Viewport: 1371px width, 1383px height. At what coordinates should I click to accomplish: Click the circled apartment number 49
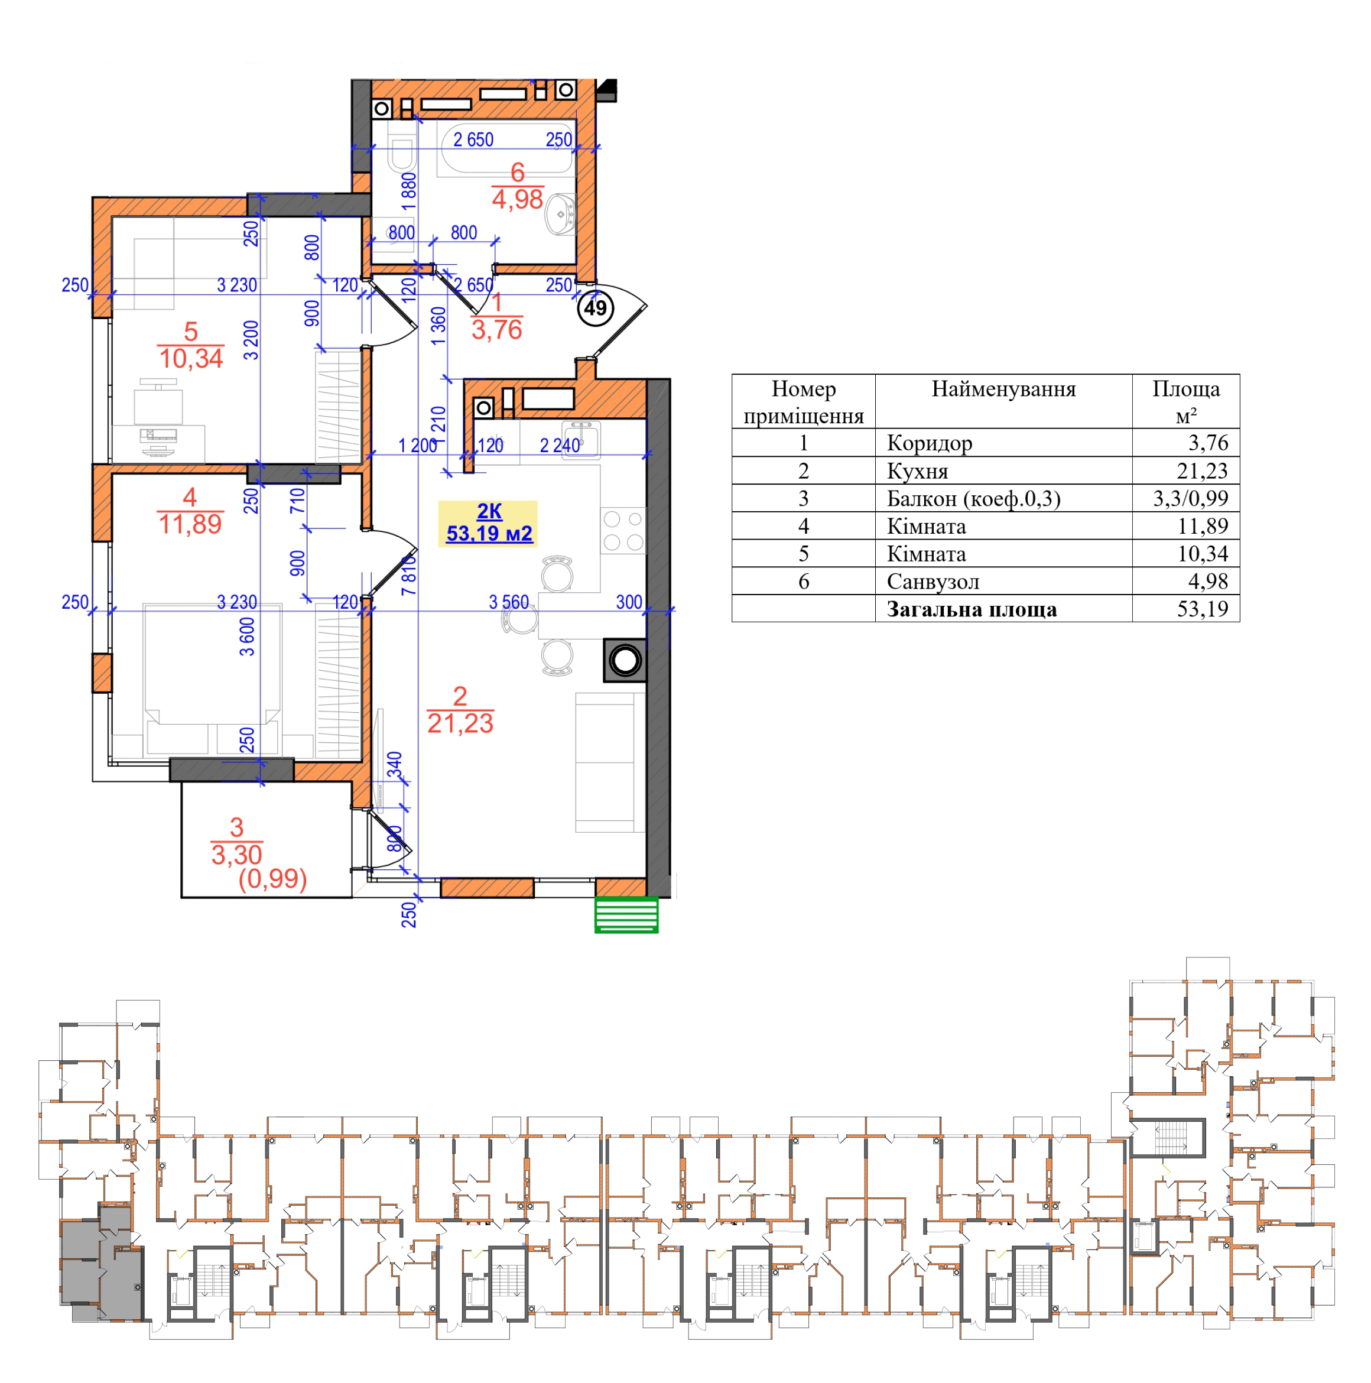(x=595, y=308)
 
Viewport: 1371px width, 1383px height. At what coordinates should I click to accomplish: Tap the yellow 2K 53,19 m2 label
(x=488, y=522)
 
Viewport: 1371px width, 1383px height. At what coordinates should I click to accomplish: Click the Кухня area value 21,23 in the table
(x=1202, y=470)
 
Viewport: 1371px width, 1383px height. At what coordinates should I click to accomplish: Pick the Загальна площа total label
(x=971, y=609)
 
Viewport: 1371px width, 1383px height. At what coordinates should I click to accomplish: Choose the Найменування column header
(x=1003, y=389)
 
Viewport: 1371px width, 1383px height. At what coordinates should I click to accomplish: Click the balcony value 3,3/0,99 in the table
(x=1190, y=498)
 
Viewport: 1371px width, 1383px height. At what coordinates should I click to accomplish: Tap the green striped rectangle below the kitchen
(x=626, y=914)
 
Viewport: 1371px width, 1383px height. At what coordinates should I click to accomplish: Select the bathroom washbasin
(x=561, y=213)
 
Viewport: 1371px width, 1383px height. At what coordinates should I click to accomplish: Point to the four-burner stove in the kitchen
(x=623, y=530)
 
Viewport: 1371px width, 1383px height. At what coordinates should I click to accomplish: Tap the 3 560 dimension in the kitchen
(x=508, y=602)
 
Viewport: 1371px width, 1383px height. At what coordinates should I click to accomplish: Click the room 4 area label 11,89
(x=190, y=524)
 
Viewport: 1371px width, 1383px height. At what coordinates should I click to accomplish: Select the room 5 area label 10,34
(x=191, y=358)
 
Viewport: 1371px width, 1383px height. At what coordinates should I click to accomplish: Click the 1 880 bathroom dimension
(x=408, y=191)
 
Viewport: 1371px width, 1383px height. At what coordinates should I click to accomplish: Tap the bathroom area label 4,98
(x=517, y=199)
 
